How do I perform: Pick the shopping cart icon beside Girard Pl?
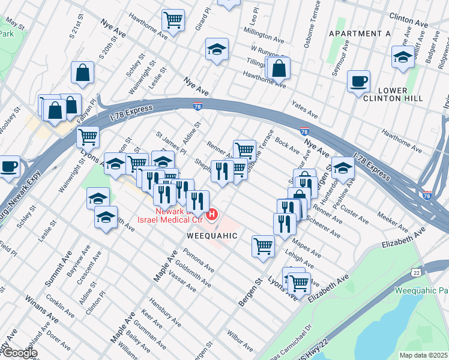click(x=173, y=20)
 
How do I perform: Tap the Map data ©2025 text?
click(x=423, y=355)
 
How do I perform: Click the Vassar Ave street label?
click(x=182, y=282)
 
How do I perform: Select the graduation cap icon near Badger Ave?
click(x=402, y=57)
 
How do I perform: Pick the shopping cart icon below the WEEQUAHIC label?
click(x=263, y=246)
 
